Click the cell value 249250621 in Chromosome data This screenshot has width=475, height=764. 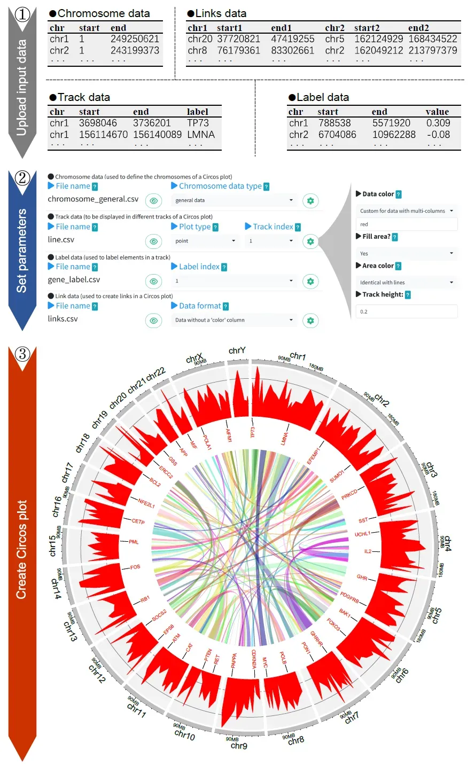coord(135,39)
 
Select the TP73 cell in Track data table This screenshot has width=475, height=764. coord(198,123)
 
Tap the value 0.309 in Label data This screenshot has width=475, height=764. coord(438,123)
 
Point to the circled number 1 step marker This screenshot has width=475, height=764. coord(22,14)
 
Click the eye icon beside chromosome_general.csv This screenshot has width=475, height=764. coord(153,201)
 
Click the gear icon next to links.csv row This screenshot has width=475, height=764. coord(310,321)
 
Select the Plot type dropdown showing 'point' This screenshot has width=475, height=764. coord(205,241)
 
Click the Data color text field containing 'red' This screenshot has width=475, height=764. coord(407,224)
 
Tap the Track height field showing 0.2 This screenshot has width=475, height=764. coord(407,311)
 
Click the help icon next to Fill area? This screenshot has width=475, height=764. coord(395,237)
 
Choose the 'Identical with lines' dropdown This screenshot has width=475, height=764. coord(407,282)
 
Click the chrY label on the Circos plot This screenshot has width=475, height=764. coord(237,350)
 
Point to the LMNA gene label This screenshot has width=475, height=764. coord(284,439)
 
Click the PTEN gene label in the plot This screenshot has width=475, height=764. coord(208,655)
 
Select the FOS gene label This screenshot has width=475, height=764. coord(135,567)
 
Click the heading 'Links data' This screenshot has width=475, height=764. coord(220,13)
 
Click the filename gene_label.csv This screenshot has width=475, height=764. coord(74,279)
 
